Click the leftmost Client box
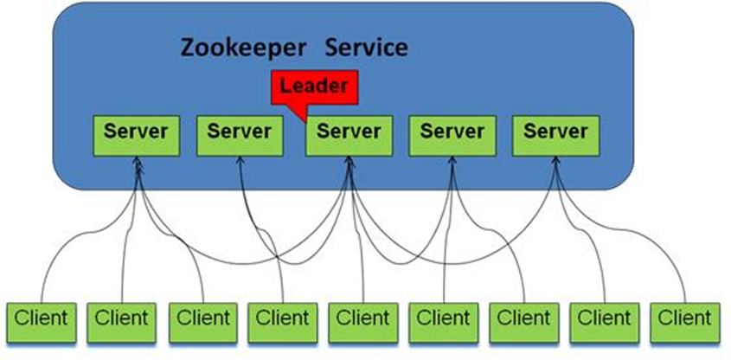(41, 319)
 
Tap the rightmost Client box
(684, 319)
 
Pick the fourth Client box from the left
(283, 319)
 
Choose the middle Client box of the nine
(363, 319)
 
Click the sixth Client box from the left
(444, 319)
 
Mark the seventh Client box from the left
(524, 319)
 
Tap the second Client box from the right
(605, 319)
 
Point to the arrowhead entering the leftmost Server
(138, 163)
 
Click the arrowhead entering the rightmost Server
(555, 163)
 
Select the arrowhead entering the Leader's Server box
(349, 163)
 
